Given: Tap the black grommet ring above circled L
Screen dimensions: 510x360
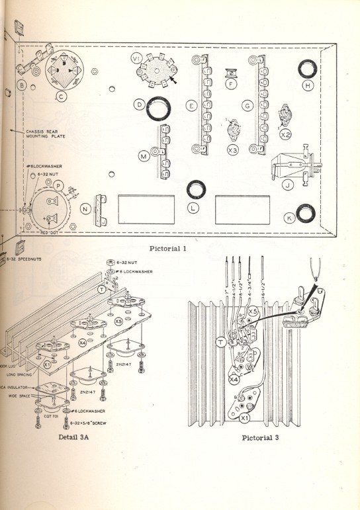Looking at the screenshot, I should (195, 191).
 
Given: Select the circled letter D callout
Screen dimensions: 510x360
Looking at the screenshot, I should (139, 105).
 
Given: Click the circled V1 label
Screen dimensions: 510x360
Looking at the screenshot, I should (136, 59).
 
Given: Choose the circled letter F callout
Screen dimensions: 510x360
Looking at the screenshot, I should (230, 84).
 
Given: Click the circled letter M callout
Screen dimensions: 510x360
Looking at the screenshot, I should (143, 156).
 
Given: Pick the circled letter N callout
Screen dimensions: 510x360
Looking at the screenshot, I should (85, 209).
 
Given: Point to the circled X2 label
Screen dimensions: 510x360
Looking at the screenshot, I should (285, 134).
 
